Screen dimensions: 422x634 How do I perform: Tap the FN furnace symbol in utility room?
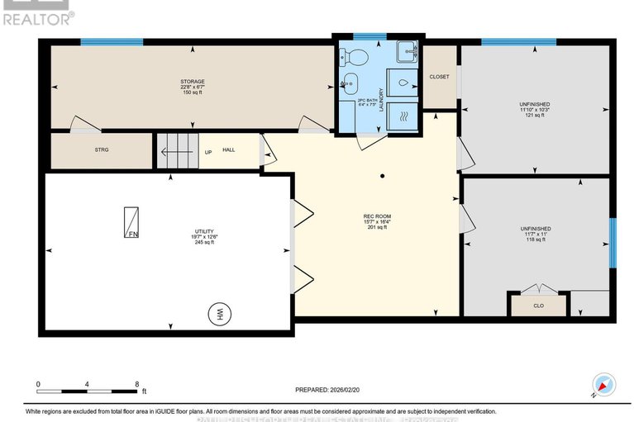[131, 222]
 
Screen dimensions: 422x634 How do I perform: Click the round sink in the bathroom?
[350, 83]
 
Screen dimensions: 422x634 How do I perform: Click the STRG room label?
[102, 149]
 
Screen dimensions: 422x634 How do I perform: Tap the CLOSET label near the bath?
[439, 77]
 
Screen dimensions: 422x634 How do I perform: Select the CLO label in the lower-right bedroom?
[538, 305]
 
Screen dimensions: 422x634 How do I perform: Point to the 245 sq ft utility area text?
[203, 242]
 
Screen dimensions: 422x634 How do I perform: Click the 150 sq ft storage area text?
[192, 92]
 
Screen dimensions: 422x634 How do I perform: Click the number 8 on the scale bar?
[136, 384]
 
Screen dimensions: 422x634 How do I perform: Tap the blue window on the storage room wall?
[111, 41]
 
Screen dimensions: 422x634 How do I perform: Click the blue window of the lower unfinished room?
[613, 242]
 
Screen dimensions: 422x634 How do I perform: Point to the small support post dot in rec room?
[381, 176]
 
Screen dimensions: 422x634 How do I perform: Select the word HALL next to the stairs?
[229, 151]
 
